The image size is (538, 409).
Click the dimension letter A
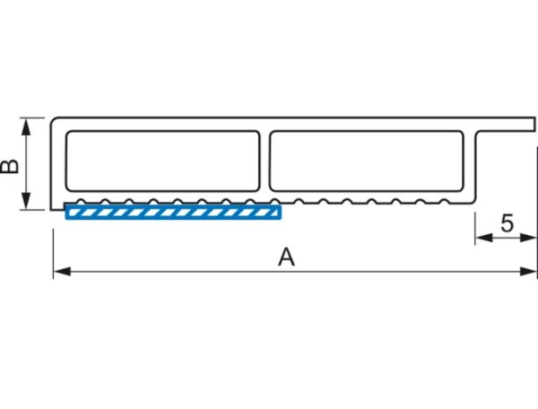click(286, 257)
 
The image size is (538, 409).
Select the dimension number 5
click(508, 223)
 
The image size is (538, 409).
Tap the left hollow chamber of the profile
click(162, 161)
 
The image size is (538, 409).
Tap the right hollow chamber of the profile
click(367, 161)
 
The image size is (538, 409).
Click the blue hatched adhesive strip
click(173, 212)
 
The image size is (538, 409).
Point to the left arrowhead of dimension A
click(62, 272)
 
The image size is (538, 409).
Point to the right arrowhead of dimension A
click(528, 272)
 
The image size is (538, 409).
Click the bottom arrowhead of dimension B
click(26, 201)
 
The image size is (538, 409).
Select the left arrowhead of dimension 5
click(484, 238)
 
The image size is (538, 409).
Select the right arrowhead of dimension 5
click(528, 238)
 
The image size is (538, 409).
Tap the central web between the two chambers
click(265, 161)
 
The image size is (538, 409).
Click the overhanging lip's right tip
click(535, 124)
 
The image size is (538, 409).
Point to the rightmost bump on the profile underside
click(445, 201)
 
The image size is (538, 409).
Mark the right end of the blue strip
click(282, 212)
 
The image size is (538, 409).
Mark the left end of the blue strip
click(65, 212)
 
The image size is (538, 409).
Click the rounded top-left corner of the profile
click(53, 120)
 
